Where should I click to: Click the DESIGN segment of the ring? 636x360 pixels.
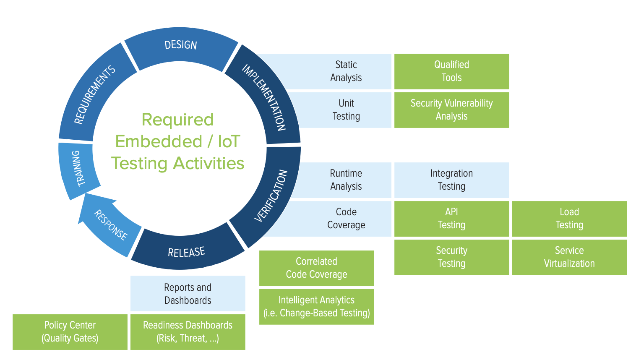[x=181, y=46]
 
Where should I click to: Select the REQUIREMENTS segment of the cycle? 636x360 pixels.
[x=94, y=95]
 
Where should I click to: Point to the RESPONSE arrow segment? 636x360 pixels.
[x=110, y=225]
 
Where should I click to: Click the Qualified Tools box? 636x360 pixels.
[x=451, y=71]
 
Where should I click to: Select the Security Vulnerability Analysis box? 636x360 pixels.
[x=451, y=110]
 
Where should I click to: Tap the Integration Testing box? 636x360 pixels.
[x=451, y=180]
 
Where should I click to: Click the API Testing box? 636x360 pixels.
[x=451, y=219]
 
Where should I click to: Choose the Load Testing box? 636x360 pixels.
[x=569, y=219]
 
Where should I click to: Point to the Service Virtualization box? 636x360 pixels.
[x=569, y=257]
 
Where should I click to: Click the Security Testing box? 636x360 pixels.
[x=451, y=257]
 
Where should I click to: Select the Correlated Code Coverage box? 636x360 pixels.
[x=316, y=268]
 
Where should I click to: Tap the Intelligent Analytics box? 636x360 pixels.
[x=316, y=307]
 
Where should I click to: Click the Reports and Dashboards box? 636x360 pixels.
[x=188, y=294]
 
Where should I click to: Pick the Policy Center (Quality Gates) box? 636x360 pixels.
[x=70, y=332]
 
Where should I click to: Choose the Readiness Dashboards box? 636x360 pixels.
[x=188, y=332]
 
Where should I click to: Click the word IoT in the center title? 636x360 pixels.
[x=229, y=142]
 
